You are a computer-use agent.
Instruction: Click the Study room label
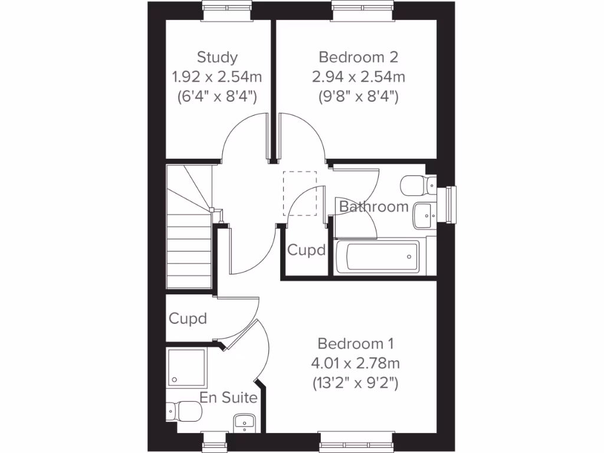pos(217,57)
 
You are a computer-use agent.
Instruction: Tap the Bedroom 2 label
pos(358,57)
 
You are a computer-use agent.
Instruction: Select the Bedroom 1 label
pos(355,343)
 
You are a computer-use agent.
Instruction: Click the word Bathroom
pos(373,206)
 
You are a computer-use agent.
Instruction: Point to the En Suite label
pos(228,398)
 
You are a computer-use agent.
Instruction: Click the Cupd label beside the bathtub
pos(306,250)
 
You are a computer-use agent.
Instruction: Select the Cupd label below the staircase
pos(188,319)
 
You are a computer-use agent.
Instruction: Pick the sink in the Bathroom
pos(424,216)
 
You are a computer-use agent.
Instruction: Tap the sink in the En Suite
pos(244,421)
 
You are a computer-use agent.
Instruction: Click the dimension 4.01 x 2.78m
pos(356,363)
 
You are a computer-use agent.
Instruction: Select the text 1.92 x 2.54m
pos(217,77)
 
